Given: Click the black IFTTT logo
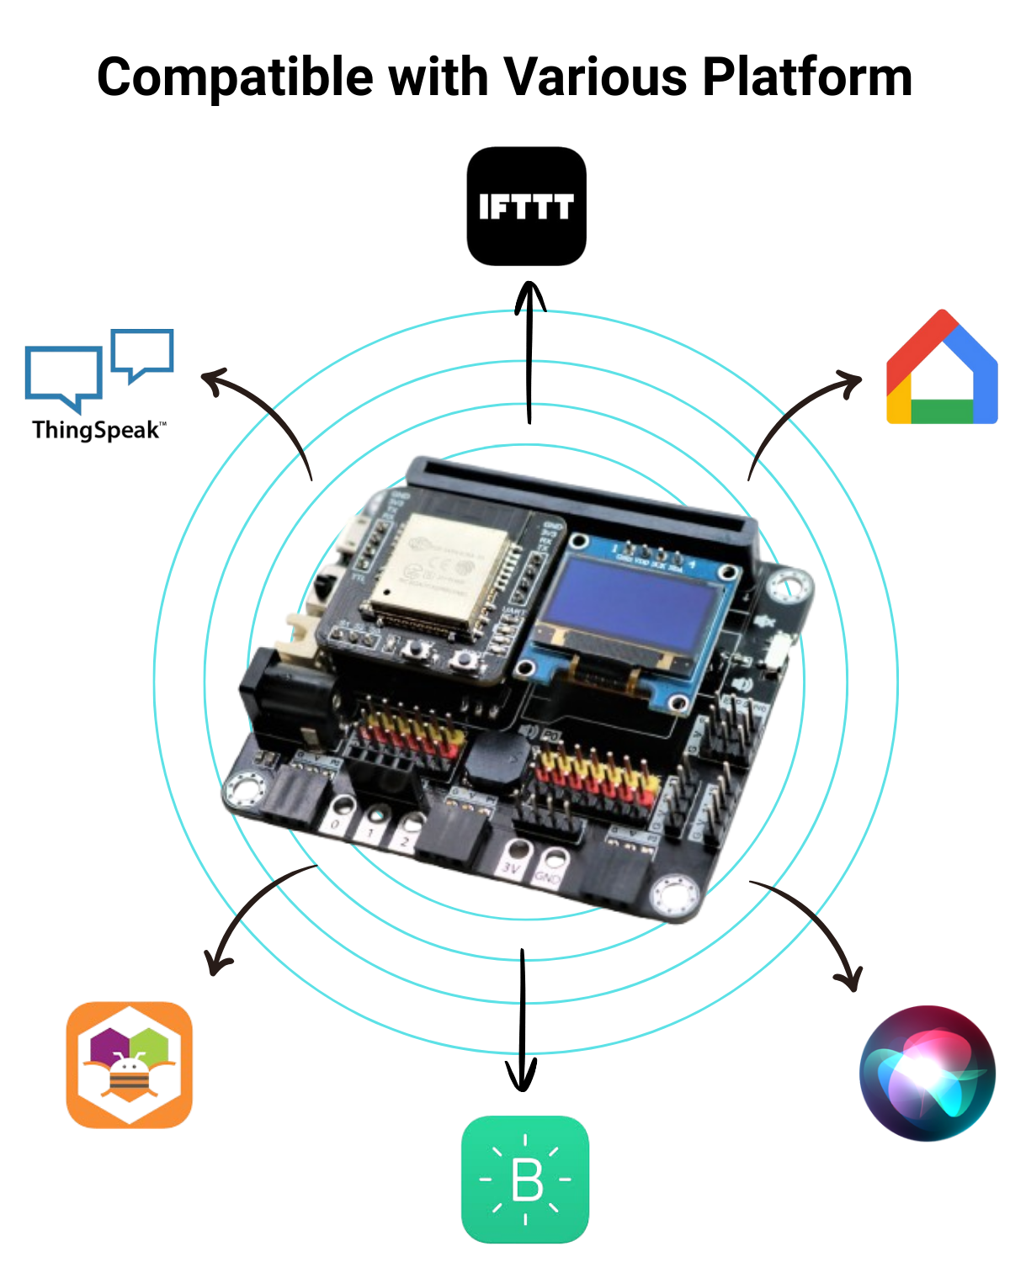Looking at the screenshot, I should click(526, 206).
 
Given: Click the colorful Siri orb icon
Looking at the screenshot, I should click(927, 1073).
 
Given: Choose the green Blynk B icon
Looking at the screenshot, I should click(525, 1179).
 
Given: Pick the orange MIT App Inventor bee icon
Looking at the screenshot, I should click(130, 1064).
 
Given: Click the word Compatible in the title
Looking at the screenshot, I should click(235, 77).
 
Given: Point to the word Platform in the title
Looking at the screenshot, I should click(807, 77).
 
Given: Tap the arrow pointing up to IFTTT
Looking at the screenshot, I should click(529, 353).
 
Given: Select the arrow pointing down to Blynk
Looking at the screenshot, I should click(522, 1018).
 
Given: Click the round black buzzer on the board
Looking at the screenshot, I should click(497, 757).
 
